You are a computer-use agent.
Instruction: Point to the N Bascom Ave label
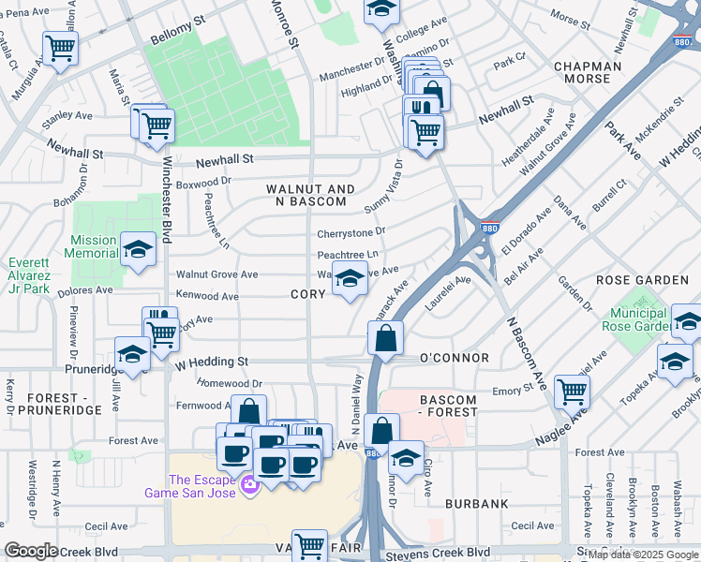[x=527, y=353]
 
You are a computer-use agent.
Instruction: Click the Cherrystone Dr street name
[x=351, y=231]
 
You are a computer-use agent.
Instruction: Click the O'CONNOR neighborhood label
[x=454, y=358]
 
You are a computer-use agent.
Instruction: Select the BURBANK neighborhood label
[x=476, y=503]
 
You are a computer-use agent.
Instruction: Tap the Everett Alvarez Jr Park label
[x=29, y=276]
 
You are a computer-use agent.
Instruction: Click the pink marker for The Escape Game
[x=249, y=484]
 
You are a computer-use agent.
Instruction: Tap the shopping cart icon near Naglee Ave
[x=572, y=392]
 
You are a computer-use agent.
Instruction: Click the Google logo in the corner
[x=32, y=551]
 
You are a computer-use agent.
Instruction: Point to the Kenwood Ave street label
[x=208, y=296]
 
